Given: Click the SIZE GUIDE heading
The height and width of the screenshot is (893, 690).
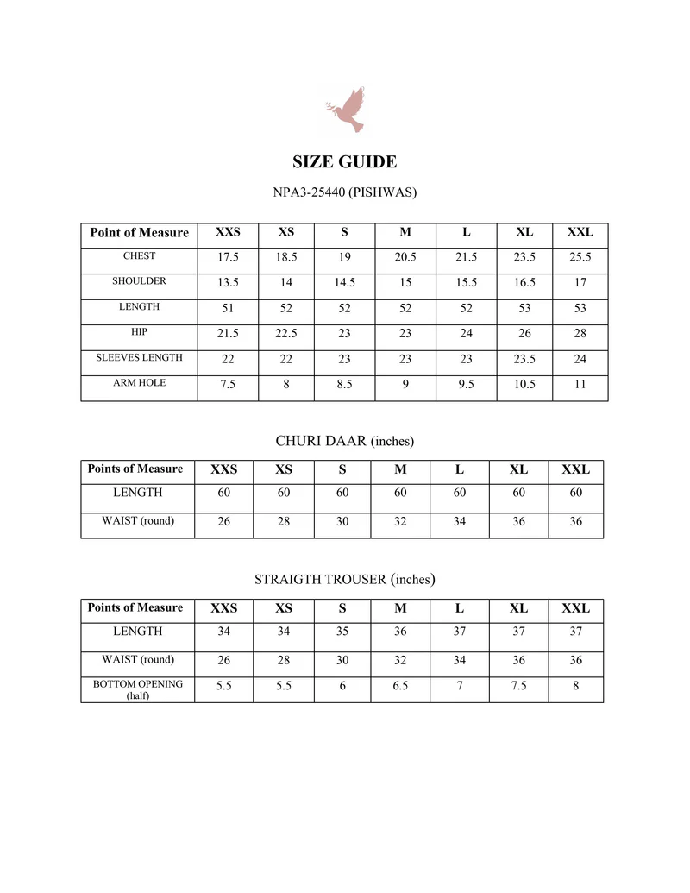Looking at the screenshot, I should click(x=345, y=162).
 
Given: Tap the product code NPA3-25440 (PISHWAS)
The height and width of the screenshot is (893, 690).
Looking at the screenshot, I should click(x=345, y=192).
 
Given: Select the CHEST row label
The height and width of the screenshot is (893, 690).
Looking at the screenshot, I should click(x=139, y=256).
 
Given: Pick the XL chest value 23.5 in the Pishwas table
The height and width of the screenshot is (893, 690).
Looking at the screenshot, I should click(x=524, y=257).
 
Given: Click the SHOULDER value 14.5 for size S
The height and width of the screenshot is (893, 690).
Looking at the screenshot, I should click(x=344, y=282).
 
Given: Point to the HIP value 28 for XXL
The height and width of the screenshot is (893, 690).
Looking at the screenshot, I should click(x=580, y=333).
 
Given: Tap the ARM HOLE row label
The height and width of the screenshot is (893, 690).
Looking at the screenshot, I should click(x=139, y=383).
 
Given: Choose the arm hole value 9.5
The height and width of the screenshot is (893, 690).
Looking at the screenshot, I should click(x=466, y=384).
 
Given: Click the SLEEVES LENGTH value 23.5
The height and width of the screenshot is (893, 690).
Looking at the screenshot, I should click(x=524, y=359).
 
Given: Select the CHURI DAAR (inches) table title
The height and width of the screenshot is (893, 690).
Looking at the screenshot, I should click(x=345, y=441).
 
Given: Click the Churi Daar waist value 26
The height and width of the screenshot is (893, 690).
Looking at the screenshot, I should click(x=224, y=522).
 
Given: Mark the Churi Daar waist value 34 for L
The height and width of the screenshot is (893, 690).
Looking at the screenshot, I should click(x=459, y=522).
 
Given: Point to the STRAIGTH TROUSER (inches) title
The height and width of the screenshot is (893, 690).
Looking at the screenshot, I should click(x=345, y=579).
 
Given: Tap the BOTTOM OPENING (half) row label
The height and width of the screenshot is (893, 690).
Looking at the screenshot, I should click(x=138, y=689).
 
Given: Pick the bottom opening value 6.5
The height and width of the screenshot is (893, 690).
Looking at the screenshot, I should click(x=400, y=686).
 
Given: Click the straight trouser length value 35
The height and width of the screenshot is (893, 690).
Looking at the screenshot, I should click(x=342, y=632).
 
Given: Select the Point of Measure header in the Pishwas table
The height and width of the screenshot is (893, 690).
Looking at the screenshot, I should click(x=139, y=232).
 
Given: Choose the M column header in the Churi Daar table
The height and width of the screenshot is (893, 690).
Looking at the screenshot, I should click(x=400, y=470).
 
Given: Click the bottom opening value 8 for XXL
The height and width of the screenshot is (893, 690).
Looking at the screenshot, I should click(x=575, y=686).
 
